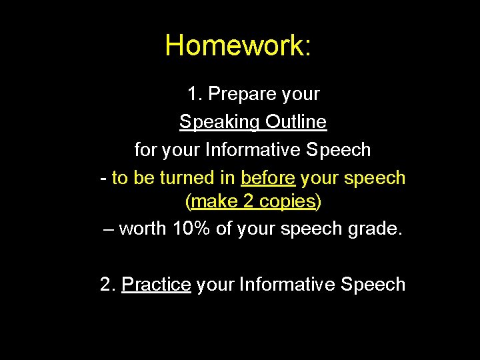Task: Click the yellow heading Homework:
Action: (x=237, y=46)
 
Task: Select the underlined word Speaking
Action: (x=219, y=123)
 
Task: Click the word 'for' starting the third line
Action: (x=145, y=150)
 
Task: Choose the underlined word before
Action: (x=269, y=178)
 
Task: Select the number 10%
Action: (x=191, y=229)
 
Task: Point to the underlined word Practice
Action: (x=157, y=285)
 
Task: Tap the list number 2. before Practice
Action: (x=108, y=285)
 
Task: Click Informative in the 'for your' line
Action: (x=253, y=150)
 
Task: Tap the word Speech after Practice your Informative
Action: (x=373, y=285)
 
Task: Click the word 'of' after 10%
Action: (x=224, y=229)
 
